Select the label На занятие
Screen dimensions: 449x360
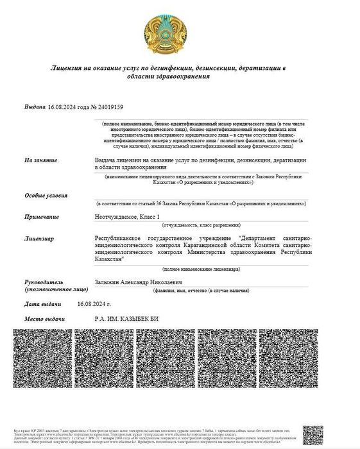(41, 159)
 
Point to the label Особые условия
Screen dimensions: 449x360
(46, 194)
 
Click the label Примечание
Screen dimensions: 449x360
(41, 217)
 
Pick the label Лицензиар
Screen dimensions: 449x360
(39, 239)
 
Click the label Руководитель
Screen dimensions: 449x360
(44, 282)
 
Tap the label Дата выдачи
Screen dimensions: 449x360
(43, 304)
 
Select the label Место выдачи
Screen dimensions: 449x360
(45, 319)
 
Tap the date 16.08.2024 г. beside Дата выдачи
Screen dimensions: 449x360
(94, 304)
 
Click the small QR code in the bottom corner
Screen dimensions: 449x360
(314, 434)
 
